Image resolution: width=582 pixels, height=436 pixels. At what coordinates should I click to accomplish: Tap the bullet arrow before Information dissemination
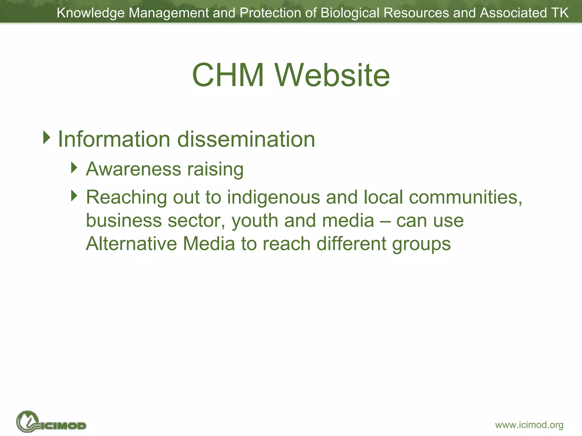click(47, 137)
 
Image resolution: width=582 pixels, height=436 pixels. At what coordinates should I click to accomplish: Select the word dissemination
click(246, 139)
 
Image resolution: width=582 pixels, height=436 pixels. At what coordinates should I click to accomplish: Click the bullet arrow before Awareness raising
click(74, 167)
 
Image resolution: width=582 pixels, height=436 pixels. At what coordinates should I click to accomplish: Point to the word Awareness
click(134, 169)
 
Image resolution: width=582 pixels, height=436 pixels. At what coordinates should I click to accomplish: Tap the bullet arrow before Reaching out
click(74, 196)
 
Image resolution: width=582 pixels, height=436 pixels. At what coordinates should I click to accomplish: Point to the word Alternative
click(131, 244)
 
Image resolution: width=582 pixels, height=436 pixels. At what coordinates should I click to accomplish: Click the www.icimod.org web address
click(529, 425)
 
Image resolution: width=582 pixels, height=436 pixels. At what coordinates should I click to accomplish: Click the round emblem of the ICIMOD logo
click(27, 421)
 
